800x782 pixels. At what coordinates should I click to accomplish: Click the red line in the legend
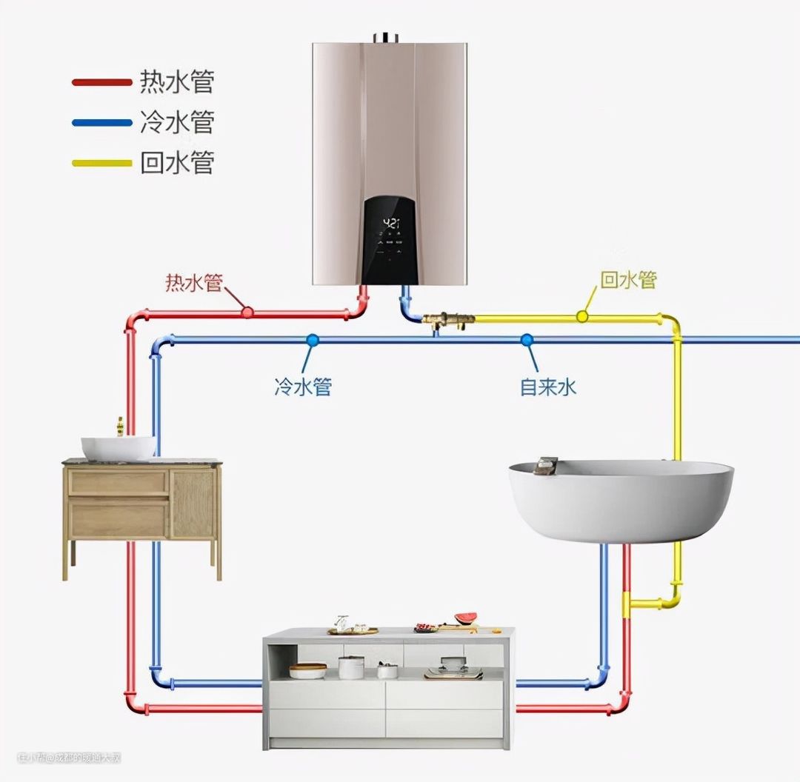point(101,82)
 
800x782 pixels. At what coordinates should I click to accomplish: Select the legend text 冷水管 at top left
point(177,121)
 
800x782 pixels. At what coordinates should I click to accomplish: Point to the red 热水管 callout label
point(193,282)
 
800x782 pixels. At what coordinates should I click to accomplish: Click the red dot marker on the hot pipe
point(247,313)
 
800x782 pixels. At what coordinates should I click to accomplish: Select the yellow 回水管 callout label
point(628,279)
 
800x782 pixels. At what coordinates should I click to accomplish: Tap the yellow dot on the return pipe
point(582,317)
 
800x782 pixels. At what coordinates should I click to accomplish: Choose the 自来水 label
point(548,386)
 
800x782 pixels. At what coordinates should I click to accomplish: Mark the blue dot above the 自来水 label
point(527,340)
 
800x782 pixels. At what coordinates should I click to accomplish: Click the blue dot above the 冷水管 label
point(313,340)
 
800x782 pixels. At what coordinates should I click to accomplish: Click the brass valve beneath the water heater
point(448,321)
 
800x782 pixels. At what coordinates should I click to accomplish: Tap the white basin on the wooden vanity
point(119,447)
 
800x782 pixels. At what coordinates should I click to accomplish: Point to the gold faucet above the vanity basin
point(119,426)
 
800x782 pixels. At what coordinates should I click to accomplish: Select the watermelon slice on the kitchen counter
point(466,617)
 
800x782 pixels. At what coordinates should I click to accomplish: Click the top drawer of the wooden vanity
point(119,483)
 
